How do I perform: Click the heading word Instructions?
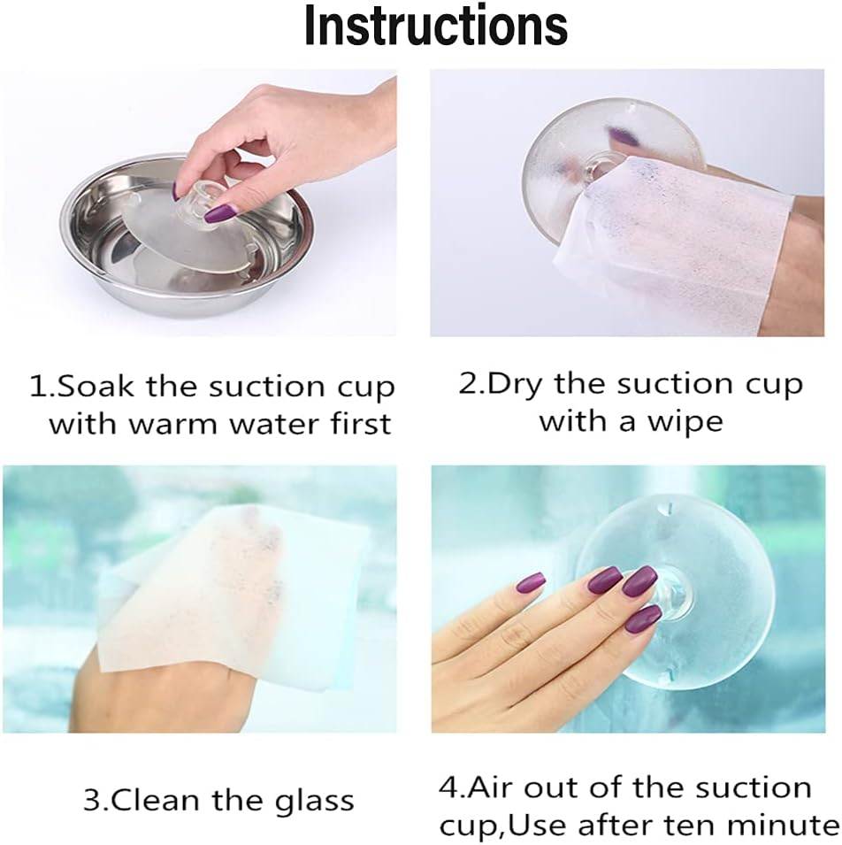pos(436,26)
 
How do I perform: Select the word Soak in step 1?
pos(96,386)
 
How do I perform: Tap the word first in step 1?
pos(360,423)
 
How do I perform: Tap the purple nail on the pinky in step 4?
pos(530,583)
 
